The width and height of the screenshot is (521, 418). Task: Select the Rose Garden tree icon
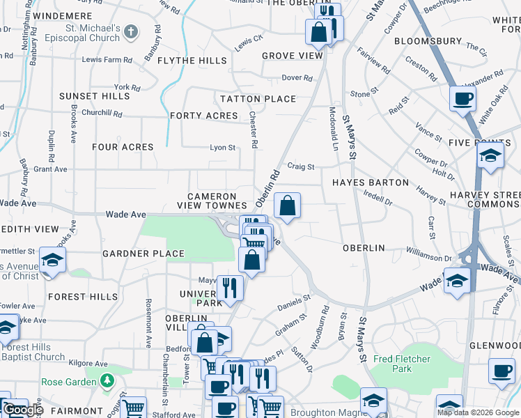click(107, 381)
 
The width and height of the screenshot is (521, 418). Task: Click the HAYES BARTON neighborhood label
click(370, 183)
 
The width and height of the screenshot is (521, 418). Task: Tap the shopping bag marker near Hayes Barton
click(287, 206)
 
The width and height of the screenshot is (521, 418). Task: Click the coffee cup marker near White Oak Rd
click(462, 98)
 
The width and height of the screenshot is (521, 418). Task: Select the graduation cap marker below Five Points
click(490, 156)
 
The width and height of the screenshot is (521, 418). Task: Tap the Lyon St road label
click(223, 148)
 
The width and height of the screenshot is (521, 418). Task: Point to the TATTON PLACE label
click(258, 99)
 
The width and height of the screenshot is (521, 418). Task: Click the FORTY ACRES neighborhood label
click(203, 116)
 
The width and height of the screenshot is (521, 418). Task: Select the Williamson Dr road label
click(428, 257)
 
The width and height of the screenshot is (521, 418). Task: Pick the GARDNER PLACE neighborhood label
click(143, 254)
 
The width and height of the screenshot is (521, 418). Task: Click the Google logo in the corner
click(23, 410)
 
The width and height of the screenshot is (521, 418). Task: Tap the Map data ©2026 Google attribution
click(478, 412)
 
